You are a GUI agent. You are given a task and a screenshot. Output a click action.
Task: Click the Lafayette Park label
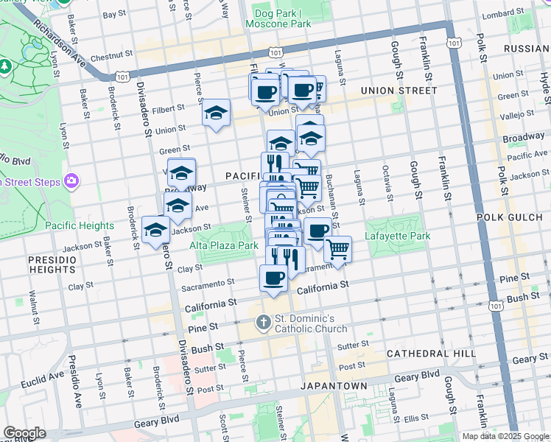click(x=396, y=237)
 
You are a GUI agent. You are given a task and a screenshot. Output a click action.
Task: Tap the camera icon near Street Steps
click(x=71, y=180)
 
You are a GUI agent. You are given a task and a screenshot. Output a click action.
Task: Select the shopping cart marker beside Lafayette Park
click(x=337, y=249)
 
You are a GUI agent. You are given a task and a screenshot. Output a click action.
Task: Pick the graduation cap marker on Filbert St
click(x=216, y=113)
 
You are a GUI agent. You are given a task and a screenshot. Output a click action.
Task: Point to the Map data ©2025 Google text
click(x=505, y=436)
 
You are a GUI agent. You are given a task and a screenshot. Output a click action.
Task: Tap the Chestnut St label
click(x=110, y=55)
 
